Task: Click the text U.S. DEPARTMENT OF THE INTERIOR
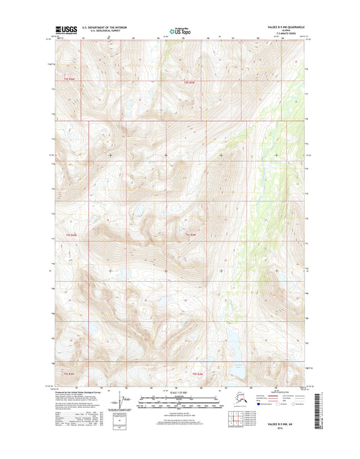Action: [x=105, y=28]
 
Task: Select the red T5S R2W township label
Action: [x=191, y=235]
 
